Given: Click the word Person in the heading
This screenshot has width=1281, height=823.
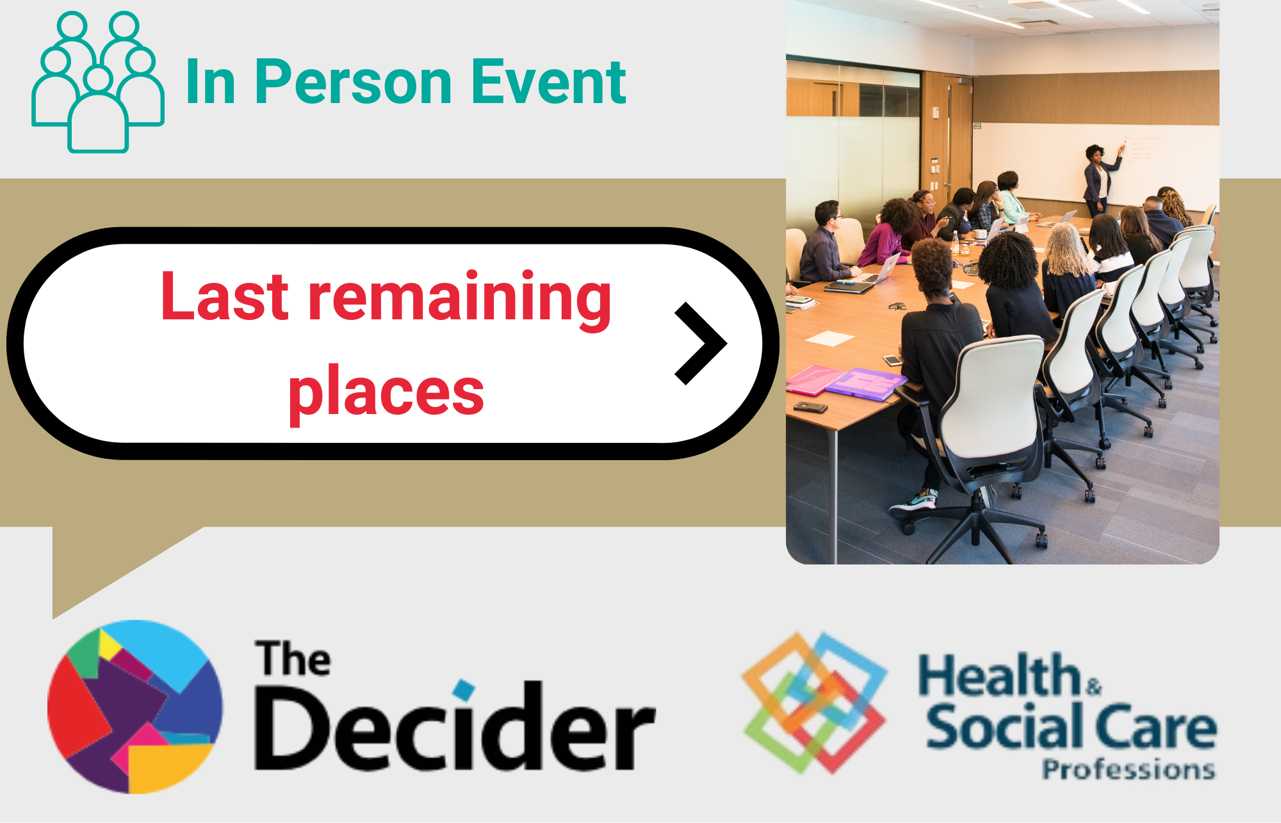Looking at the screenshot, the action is [354, 82].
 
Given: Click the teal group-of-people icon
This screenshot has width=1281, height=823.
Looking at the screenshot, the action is [98, 82].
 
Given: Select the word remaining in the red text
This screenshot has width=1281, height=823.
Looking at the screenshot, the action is [459, 296].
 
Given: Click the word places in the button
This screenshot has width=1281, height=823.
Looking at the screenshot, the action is [386, 392].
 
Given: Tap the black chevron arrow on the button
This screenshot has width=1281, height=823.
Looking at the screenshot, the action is [701, 344].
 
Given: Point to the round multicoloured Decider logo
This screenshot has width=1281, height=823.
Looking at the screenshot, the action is [135, 707].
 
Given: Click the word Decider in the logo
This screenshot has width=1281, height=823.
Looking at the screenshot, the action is [455, 726].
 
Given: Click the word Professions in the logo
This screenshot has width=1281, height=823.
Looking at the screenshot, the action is [1129, 769].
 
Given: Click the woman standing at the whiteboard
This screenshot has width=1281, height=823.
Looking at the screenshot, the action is [1099, 179].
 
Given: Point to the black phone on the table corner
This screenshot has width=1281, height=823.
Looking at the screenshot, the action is [810, 407].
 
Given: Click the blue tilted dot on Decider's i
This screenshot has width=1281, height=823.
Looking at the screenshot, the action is [464, 690].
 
